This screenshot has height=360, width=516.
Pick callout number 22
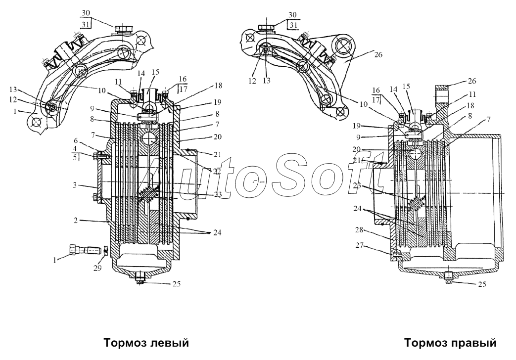tap(216, 171)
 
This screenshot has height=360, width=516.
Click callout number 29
tap(97, 268)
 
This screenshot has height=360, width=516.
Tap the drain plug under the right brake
tap(448, 278)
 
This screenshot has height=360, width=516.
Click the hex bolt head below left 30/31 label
tap(121, 29)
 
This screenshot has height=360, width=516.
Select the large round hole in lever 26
tap(345, 47)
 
